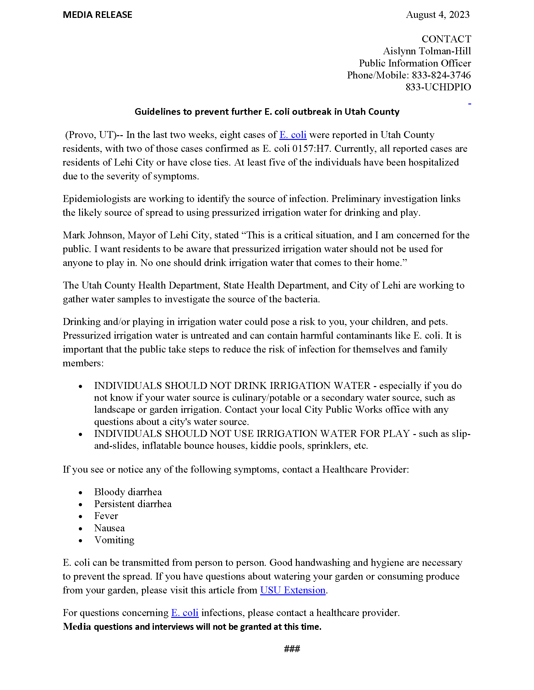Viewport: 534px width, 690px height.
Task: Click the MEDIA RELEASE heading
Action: point(97,15)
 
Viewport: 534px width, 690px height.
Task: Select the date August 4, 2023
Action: point(438,15)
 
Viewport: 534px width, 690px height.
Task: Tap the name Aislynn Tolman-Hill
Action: point(427,51)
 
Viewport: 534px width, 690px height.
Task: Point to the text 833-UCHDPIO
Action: point(438,87)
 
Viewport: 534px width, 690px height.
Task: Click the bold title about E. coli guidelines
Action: point(267,112)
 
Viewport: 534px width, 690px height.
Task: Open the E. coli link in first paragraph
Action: point(293,135)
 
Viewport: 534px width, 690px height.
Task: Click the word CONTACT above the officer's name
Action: point(446,39)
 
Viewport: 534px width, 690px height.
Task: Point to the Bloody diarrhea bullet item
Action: point(128,492)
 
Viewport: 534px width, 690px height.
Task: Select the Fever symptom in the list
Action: point(106,516)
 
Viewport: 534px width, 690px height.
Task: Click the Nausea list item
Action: point(109,528)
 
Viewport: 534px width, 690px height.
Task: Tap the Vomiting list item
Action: point(114,540)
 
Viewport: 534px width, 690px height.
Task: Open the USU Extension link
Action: point(293,590)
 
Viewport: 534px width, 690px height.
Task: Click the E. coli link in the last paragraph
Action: point(185,613)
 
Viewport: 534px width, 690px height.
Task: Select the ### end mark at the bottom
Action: point(292,649)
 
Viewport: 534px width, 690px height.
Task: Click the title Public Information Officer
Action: point(415,63)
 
